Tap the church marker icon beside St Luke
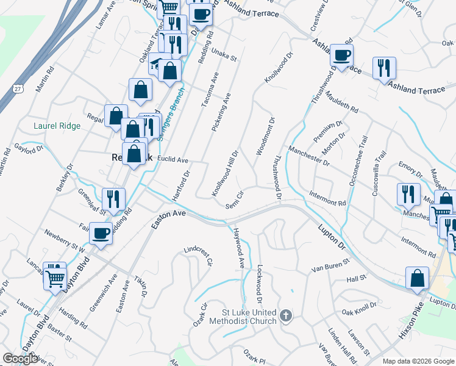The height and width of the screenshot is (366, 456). [x=286, y=315]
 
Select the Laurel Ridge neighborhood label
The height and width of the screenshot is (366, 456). [x=57, y=126]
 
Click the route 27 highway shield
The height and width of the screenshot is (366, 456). [x=18, y=90]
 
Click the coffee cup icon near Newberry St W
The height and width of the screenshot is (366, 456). [x=101, y=232]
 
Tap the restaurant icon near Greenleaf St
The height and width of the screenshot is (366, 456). [x=113, y=198]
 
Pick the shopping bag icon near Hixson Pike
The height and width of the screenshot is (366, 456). [x=418, y=278]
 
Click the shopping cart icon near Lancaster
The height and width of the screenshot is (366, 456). [x=55, y=278]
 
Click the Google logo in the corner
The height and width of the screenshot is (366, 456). [x=21, y=359]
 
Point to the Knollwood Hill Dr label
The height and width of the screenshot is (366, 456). [x=225, y=174]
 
